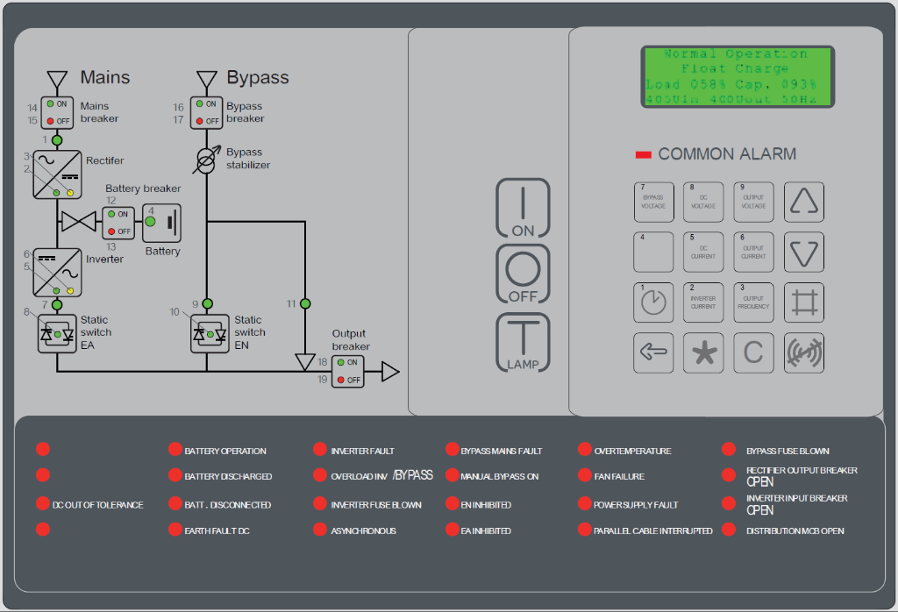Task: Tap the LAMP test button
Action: [x=523, y=342]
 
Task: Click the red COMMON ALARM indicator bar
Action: [x=643, y=154]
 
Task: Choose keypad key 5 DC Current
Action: [x=703, y=253]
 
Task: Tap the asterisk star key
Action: [x=703, y=352]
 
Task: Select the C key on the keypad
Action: [x=753, y=352]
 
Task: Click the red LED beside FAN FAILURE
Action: [x=585, y=475]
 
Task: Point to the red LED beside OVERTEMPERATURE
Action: [x=585, y=450]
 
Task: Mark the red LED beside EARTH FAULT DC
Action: [x=175, y=530]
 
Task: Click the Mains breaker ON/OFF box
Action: [x=57, y=112]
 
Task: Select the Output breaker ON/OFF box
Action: [x=347, y=372]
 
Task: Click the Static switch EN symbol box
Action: [x=209, y=334]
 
